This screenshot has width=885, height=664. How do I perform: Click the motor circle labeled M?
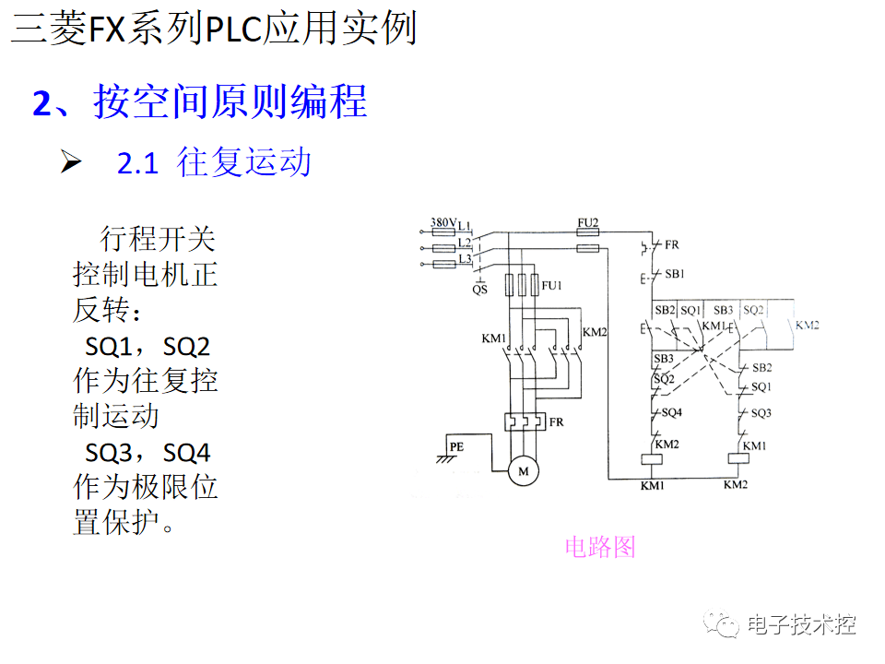[525, 471]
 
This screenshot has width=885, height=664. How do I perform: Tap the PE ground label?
[456, 447]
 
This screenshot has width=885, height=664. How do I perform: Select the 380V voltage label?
[443, 223]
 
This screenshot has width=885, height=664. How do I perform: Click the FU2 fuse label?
[588, 223]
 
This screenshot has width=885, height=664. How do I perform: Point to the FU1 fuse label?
[552, 286]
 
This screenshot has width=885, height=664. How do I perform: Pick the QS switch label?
[479, 290]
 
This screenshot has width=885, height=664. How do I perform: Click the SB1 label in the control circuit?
[675, 274]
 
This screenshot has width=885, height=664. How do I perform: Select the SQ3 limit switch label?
[761, 413]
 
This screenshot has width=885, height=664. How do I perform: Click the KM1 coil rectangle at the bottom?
[653, 460]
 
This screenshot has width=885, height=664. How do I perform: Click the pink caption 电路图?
[600, 547]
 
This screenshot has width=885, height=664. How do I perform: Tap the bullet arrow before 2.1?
[72, 163]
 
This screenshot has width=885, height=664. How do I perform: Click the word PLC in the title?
[234, 30]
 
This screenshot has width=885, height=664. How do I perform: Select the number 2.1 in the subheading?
[138, 164]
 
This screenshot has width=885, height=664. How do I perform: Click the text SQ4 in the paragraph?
[187, 453]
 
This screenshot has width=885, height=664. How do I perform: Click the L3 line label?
[465, 259]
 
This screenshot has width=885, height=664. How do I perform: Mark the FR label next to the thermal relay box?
[556, 422]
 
